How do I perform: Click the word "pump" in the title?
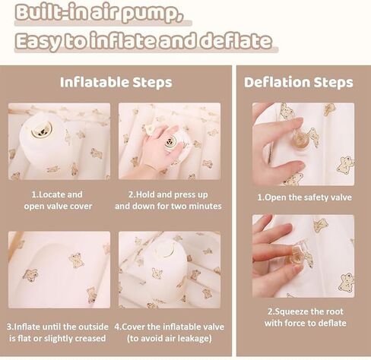(151, 13)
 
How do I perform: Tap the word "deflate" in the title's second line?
(236, 41)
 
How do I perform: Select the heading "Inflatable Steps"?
(116, 83)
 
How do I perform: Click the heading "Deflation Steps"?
(299, 83)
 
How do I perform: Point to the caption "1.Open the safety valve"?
(304, 197)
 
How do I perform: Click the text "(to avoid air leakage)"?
(170, 338)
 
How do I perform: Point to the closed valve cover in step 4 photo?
(165, 250)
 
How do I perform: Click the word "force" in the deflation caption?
(296, 323)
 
